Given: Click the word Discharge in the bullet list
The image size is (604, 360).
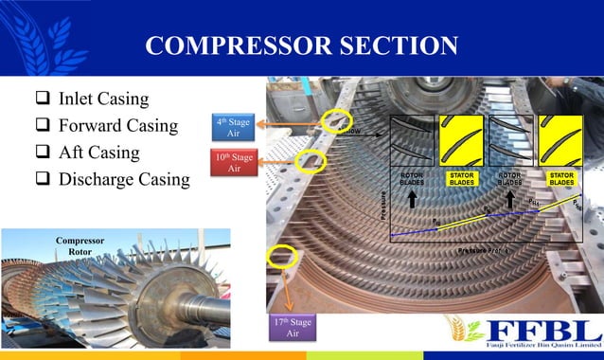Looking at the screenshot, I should [x=98, y=178].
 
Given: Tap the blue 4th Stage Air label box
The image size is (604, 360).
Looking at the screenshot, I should [x=233, y=127].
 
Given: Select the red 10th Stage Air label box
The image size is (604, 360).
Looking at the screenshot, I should [x=233, y=162].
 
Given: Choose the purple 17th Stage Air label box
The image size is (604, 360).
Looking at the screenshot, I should [x=293, y=328].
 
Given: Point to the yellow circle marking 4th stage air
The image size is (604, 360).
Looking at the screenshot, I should [x=334, y=120].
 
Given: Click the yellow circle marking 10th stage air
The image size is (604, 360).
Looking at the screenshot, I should [x=308, y=160].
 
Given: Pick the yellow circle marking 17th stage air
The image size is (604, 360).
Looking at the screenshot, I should [x=281, y=256].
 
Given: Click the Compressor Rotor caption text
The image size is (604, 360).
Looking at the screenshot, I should [x=80, y=246].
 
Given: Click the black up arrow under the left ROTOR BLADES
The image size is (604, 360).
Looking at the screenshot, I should [x=413, y=199].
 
